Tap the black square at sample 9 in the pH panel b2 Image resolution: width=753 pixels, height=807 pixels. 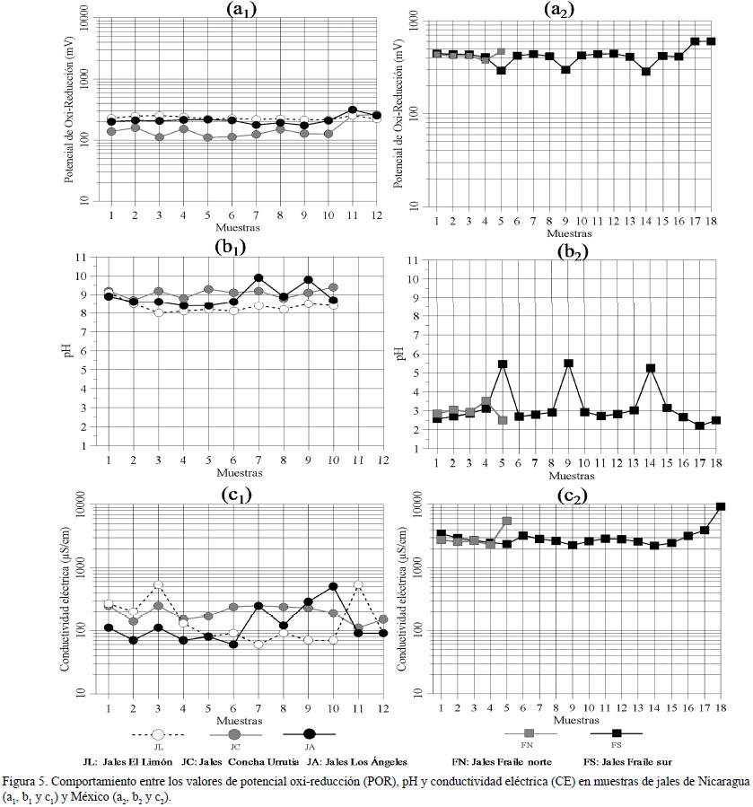(x=567, y=364)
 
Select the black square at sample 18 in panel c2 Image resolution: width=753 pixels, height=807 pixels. (x=720, y=506)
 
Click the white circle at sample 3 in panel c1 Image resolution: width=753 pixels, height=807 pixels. (x=158, y=585)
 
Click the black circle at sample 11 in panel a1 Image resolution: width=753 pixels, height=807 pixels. (x=353, y=110)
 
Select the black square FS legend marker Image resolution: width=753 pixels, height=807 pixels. (x=617, y=733)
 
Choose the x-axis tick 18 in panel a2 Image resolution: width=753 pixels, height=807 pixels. (x=711, y=221)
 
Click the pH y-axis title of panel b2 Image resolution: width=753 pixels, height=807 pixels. (x=400, y=353)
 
